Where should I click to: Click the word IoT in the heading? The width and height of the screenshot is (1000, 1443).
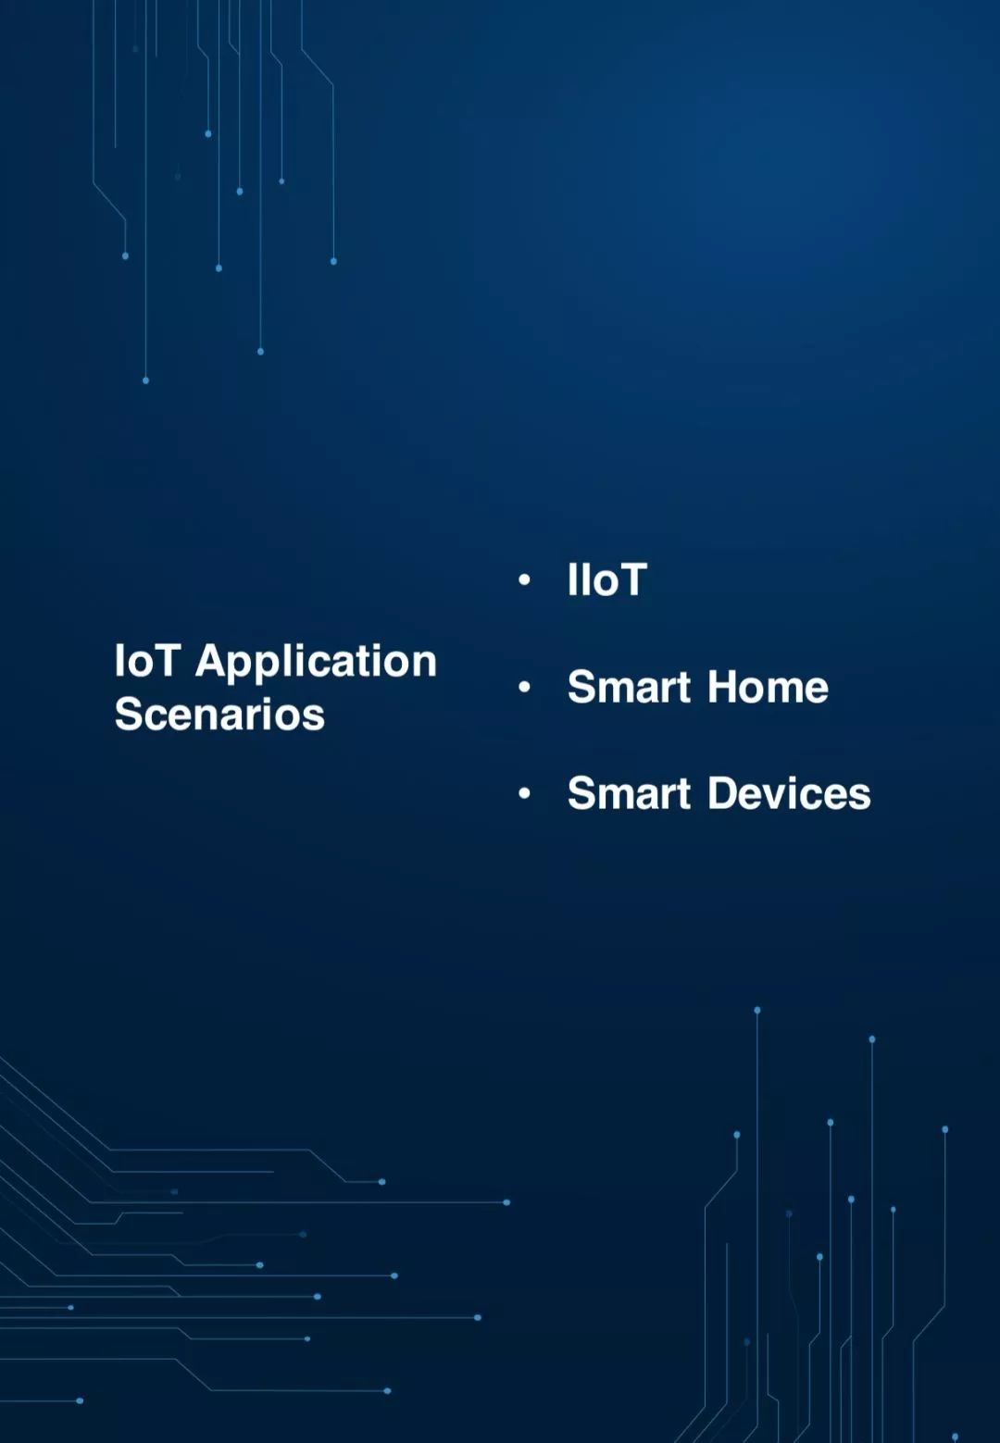tap(145, 661)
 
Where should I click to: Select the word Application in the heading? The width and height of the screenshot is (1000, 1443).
tap(317, 665)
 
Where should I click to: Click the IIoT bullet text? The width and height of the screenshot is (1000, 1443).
tap(607, 579)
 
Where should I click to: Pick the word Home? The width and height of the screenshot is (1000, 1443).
tap(768, 687)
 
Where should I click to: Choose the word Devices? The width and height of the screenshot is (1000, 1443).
tap(789, 792)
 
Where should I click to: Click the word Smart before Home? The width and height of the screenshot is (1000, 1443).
tap(629, 687)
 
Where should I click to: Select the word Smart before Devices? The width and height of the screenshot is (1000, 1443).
tap(629, 792)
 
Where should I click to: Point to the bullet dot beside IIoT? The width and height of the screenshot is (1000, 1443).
tap(524, 579)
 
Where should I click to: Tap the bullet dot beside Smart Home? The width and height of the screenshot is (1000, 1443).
tap(524, 687)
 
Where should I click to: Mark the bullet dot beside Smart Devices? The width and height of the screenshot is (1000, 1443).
tap(524, 793)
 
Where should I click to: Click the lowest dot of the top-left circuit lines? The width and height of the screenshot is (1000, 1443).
tap(145, 380)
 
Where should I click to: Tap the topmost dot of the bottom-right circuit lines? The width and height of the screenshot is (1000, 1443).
tap(757, 1010)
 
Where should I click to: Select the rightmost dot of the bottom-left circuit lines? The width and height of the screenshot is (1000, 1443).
tap(506, 1202)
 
